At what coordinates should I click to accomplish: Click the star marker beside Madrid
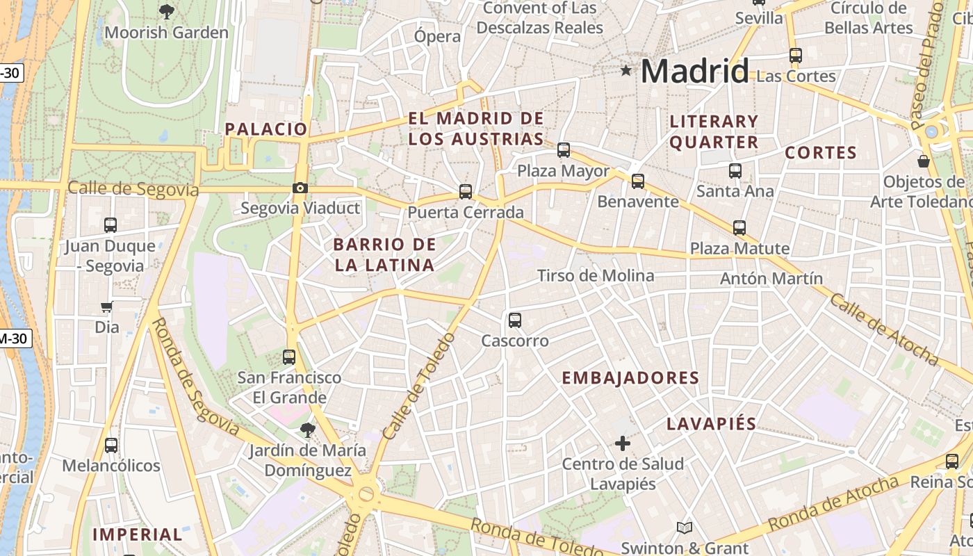626,70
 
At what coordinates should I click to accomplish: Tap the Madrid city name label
694,72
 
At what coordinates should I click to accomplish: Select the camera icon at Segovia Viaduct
300,188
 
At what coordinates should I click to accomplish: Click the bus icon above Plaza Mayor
564,149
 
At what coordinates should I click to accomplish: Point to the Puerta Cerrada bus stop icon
466,191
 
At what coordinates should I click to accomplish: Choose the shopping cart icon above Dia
106,306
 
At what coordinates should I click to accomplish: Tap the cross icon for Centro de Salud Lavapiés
623,443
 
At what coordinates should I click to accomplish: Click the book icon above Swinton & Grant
685,528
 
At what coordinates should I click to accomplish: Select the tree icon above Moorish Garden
166,11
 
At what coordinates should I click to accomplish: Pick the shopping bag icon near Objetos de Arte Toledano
924,161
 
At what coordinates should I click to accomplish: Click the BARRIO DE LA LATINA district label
384,254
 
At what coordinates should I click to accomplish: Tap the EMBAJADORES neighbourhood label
630,378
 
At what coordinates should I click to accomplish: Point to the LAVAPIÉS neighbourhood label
711,424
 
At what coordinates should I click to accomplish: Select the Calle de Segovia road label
133,188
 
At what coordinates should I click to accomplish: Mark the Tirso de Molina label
596,276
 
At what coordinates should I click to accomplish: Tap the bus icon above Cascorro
515,320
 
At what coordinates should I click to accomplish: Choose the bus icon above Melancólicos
111,445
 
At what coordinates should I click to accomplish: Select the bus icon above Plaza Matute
739,227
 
